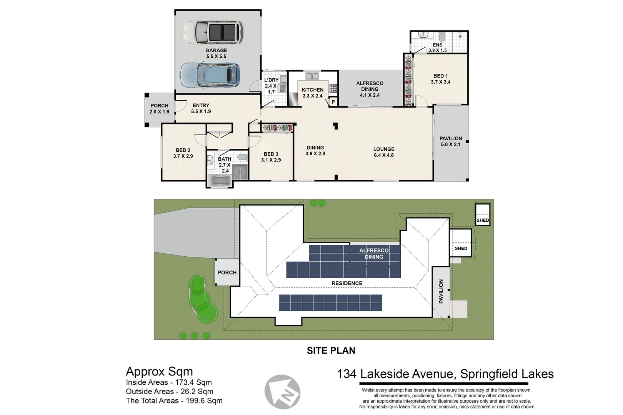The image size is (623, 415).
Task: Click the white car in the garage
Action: point(214,32)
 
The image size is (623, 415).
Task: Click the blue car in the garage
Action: point(210,75)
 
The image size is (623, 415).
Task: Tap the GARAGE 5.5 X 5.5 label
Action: point(216,53)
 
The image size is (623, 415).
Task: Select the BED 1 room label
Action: point(440,79)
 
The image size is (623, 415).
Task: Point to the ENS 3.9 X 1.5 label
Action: point(437,48)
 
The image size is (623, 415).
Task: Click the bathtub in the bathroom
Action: point(220,181)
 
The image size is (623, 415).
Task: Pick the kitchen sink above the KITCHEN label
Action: point(312,76)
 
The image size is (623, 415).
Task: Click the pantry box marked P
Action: point(333,102)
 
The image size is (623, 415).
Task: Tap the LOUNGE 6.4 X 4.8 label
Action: point(384,152)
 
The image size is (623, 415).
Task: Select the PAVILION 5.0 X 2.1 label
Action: point(451,141)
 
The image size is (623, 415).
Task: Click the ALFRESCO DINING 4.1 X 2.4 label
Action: point(370,89)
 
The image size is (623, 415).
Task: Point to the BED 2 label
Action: point(183,153)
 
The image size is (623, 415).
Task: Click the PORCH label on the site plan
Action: point(227,272)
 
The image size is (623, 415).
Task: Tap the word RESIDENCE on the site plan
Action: point(347,283)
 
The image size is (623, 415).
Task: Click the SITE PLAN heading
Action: point(331,350)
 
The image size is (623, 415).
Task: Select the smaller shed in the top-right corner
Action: point(483,214)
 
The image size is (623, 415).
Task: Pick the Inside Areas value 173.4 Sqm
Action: point(193,382)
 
